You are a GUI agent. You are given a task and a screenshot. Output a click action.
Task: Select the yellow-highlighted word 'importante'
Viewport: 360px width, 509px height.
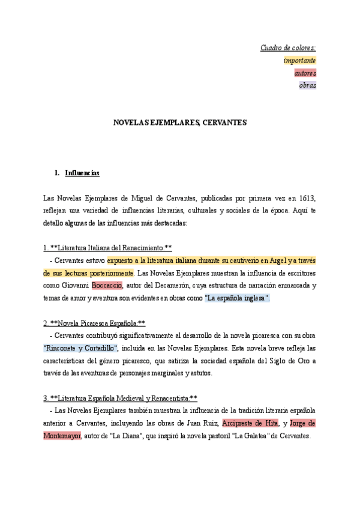click(299, 60)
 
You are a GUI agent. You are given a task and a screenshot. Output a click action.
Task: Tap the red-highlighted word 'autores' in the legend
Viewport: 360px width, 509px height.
click(305, 73)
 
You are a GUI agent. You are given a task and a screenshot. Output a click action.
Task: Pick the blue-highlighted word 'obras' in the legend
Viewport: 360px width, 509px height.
click(307, 85)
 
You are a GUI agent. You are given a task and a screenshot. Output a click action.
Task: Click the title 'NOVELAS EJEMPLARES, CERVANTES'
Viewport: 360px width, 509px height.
click(180, 122)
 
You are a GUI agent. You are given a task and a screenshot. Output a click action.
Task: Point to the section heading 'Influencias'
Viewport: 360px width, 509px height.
click(82, 173)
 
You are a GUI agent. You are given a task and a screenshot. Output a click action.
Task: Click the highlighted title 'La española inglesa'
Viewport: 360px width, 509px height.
click(237, 298)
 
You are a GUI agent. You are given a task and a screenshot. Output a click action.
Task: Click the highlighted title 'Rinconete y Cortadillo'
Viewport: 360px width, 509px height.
click(80, 348)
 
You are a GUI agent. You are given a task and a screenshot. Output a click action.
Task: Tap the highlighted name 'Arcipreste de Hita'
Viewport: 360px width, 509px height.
click(250, 423)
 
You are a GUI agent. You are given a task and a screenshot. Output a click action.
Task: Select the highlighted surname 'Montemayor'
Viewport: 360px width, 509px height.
click(62, 436)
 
